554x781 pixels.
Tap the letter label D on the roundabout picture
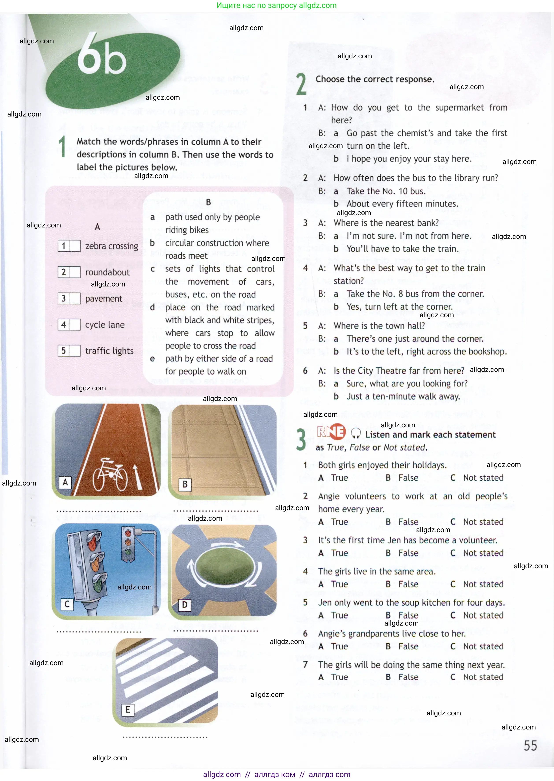pyautogui.click(x=185, y=605)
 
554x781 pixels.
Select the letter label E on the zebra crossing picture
pyautogui.click(x=128, y=710)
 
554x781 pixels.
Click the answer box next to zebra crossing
pyautogui.click(x=75, y=246)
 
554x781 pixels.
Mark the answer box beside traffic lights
pyautogui.click(x=75, y=351)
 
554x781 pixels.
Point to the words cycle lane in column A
pyautogui.click(x=105, y=325)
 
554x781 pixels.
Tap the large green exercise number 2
pyautogui.click(x=301, y=84)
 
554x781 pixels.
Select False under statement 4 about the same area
pyautogui.click(x=408, y=584)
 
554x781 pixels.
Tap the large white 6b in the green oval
pyautogui.click(x=102, y=55)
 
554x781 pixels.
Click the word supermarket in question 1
pyautogui.click(x=459, y=107)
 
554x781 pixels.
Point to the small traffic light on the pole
pyautogui.click(x=128, y=543)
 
